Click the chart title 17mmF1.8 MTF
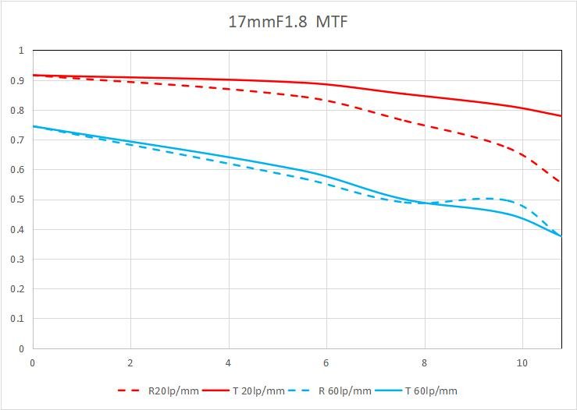click(x=287, y=21)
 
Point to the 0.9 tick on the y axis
click(x=16, y=80)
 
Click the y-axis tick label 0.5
click(x=16, y=200)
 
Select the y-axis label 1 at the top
click(x=21, y=51)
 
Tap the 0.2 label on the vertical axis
click(x=16, y=289)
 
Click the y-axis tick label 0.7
click(x=16, y=140)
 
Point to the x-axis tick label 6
click(x=326, y=362)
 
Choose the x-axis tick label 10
click(x=522, y=362)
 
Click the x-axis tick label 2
click(x=130, y=362)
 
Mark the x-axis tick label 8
click(x=424, y=362)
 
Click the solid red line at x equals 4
click(x=228, y=80)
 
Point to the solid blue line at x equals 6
click(x=326, y=177)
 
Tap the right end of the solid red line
click(x=561, y=116)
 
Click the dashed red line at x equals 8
click(x=424, y=125)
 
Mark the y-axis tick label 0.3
click(x=16, y=260)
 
